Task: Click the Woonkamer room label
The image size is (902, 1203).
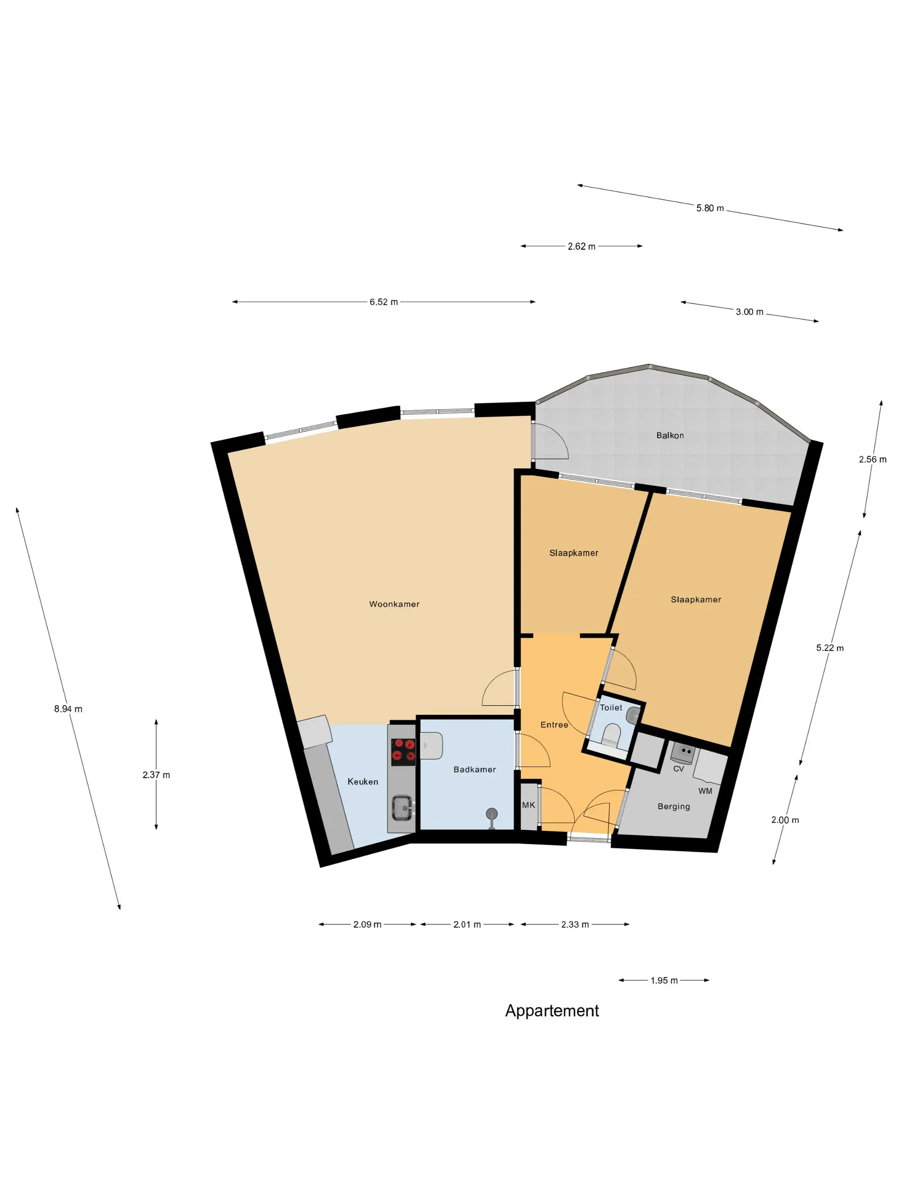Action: (x=394, y=604)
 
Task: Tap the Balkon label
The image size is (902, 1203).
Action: (x=670, y=436)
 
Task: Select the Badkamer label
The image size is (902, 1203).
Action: (x=475, y=769)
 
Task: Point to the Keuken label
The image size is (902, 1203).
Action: (x=363, y=782)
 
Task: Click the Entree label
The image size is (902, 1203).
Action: (x=554, y=725)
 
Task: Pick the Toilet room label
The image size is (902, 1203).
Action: (x=611, y=708)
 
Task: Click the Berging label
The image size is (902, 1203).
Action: (x=673, y=806)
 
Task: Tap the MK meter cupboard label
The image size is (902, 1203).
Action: (x=528, y=805)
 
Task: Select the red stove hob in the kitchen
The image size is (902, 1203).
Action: (x=403, y=749)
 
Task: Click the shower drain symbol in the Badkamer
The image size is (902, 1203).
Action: (x=491, y=814)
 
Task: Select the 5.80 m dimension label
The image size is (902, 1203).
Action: (x=710, y=208)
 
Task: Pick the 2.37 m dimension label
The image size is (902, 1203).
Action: (x=156, y=775)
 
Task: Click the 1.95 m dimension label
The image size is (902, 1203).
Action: (x=664, y=980)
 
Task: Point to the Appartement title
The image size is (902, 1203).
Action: (x=552, y=1011)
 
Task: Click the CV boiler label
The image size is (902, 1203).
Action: (x=679, y=769)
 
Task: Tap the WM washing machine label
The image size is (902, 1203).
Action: (x=705, y=791)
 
